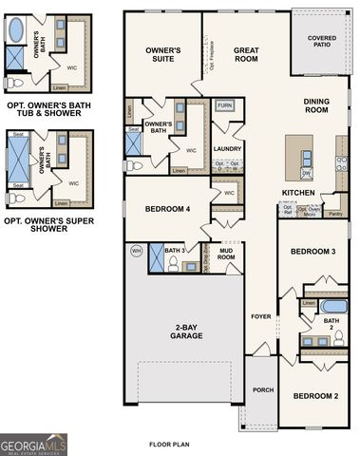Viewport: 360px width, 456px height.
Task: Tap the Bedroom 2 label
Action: tap(314, 395)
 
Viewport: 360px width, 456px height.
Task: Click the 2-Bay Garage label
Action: tap(186, 332)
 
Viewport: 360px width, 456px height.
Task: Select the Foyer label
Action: tap(260, 316)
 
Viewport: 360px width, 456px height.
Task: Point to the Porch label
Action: tap(261, 389)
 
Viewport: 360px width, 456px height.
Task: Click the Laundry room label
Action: tap(226, 149)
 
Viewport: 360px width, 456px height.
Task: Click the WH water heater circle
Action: tap(135, 251)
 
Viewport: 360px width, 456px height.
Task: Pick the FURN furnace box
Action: tap(225, 105)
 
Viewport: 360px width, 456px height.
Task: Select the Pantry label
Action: tap(334, 214)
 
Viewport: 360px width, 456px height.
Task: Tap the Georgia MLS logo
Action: tap(34, 445)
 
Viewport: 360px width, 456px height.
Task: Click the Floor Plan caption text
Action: tap(170, 444)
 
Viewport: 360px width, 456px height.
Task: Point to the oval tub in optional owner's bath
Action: tap(16, 30)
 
